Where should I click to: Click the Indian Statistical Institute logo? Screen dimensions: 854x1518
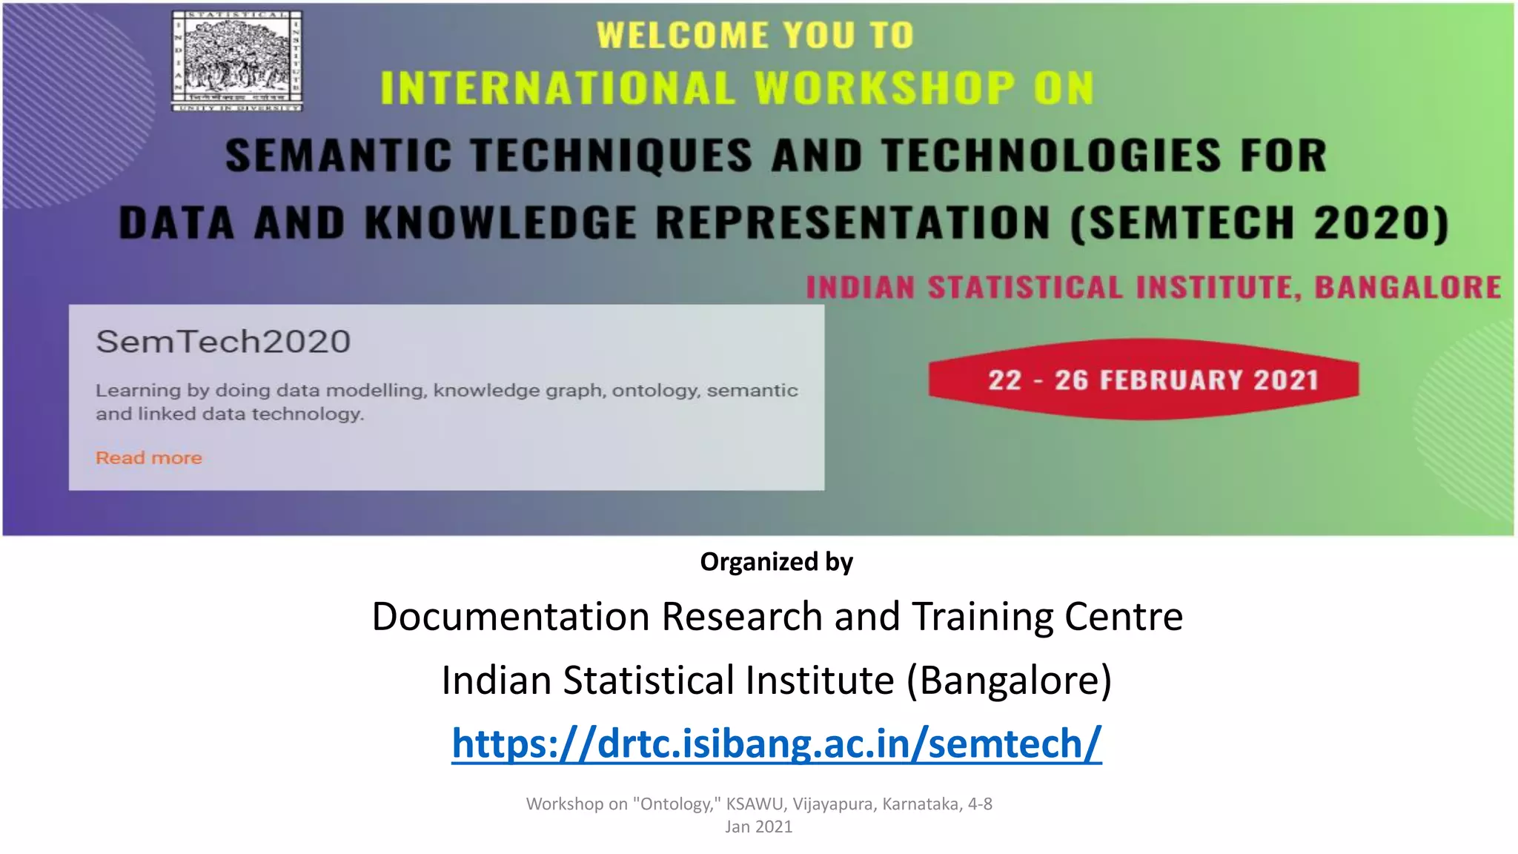pyautogui.click(x=237, y=62)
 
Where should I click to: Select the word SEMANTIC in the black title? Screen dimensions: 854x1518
pyautogui.click(x=338, y=156)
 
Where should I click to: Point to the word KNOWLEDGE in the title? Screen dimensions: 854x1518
pyautogui.click(x=500, y=223)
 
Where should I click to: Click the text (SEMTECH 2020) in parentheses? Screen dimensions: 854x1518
pyautogui.click(x=1259, y=223)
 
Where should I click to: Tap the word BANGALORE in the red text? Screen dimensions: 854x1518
pyautogui.click(x=1408, y=288)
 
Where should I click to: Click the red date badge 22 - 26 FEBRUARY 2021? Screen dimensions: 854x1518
pyautogui.click(x=1144, y=380)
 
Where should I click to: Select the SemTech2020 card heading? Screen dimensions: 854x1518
pyautogui.click(x=223, y=342)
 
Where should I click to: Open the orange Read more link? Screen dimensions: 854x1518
pyautogui.click(x=149, y=458)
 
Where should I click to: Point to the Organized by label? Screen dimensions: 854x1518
pyautogui.click(x=776, y=562)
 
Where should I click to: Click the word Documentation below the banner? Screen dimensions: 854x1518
pyautogui.click(x=511, y=617)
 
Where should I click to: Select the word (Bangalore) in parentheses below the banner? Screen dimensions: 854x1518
pyautogui.click(x=1009, y=681)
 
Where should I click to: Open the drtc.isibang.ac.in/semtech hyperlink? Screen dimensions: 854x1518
pyautogui.click(x=776, y=744)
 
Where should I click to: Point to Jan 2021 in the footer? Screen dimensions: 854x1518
pyautogui.click(x=758, y=827)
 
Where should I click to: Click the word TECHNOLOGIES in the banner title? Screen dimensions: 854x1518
pyautogui.click(x=1051, y=156)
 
